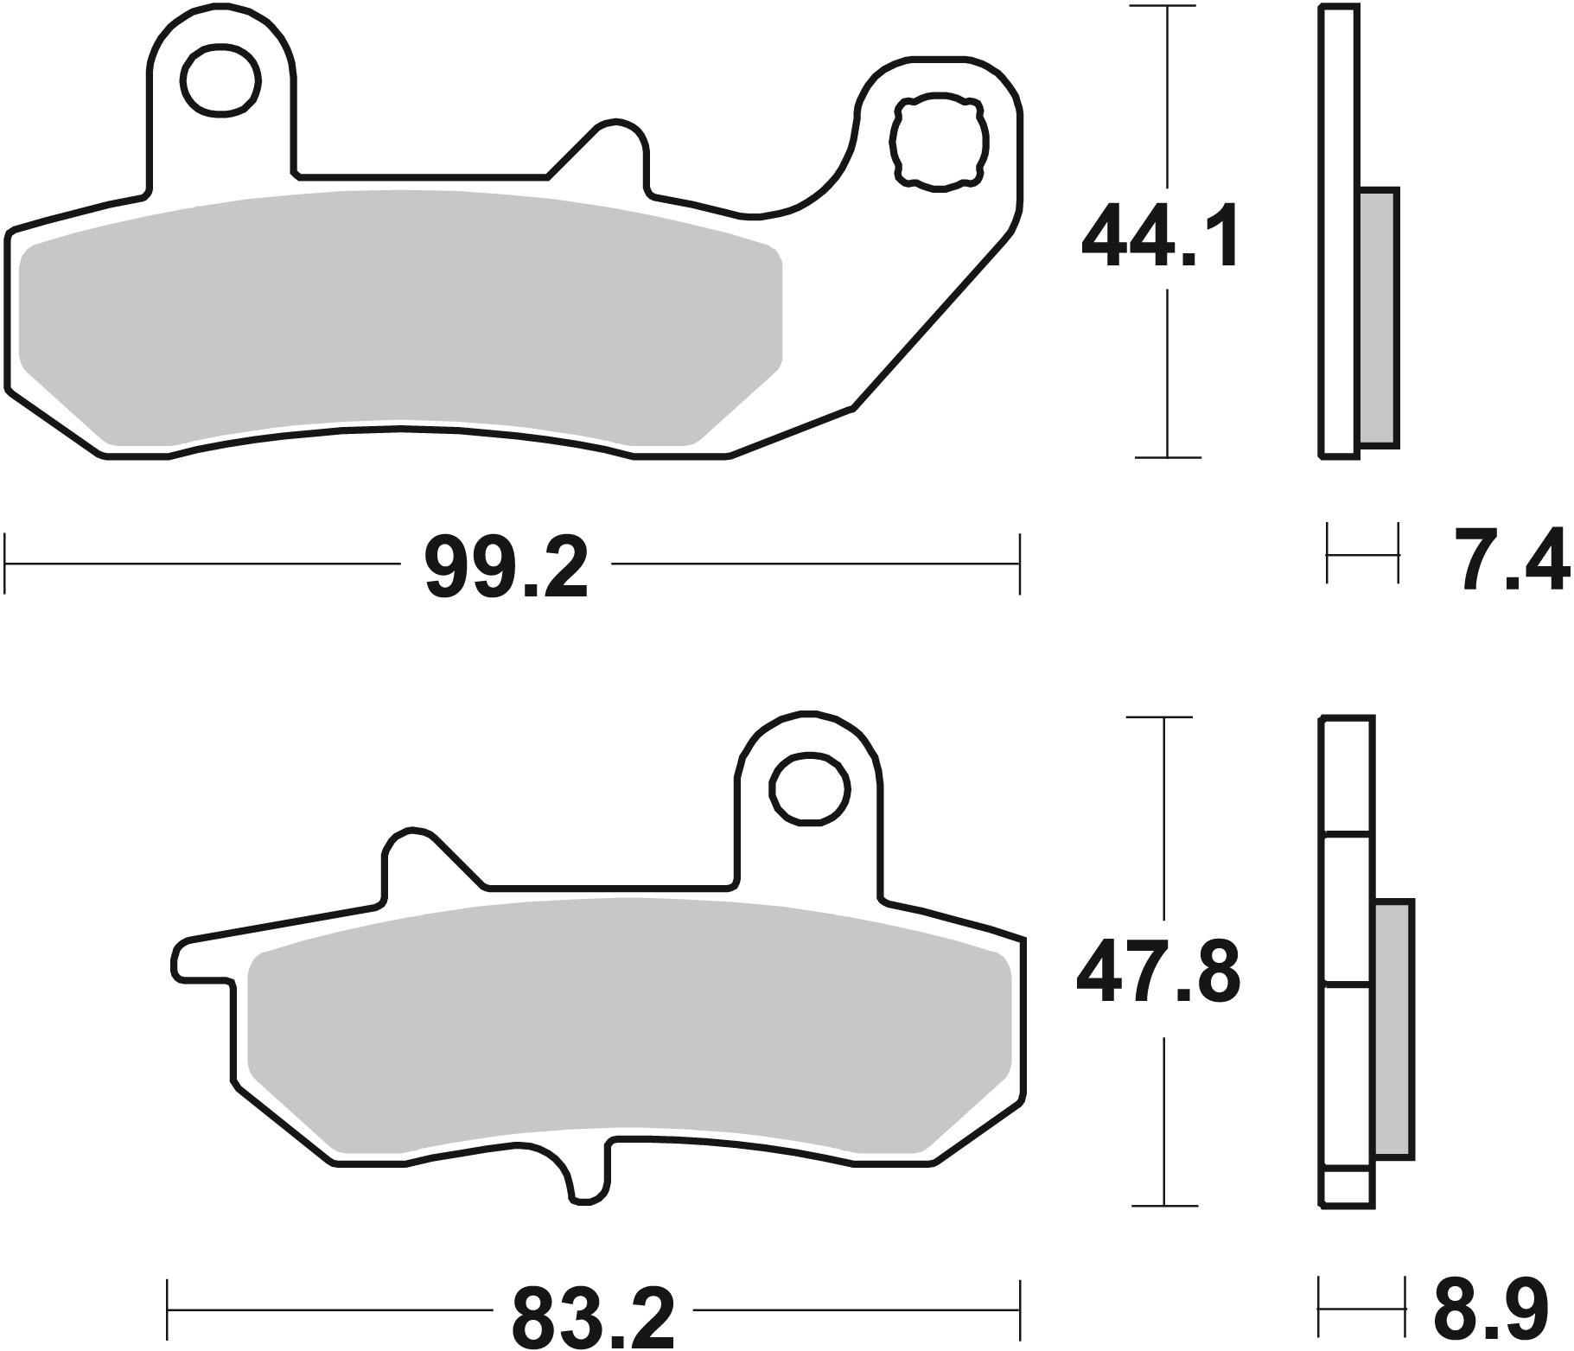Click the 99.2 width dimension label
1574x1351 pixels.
pyautogui.click(x=507, y=567)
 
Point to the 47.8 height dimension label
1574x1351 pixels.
pyautogui.click(x=1158, y=972)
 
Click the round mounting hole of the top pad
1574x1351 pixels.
pyautogui.click(x=221, y=81)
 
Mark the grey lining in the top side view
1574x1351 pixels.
pyautogui.click(x=1378, y=317)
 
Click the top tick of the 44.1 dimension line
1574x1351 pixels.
pyautogui.click(x=1168, y=8)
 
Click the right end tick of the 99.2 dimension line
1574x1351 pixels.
pyautogui.click(x=1020, y=564)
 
